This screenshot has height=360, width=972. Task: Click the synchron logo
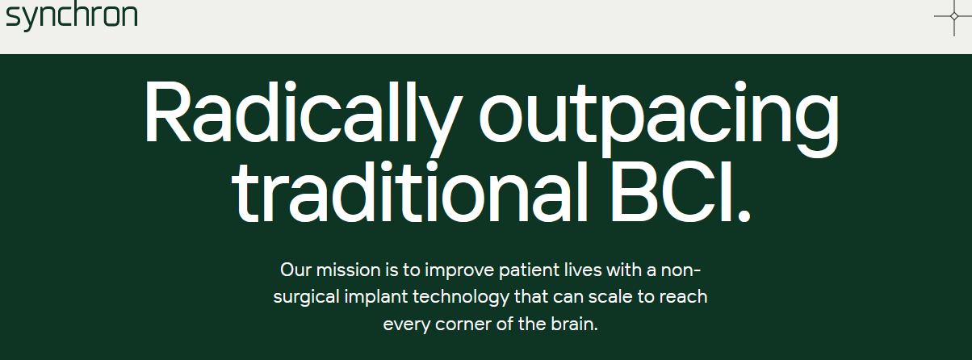pyautogui.click(x=72, y=16)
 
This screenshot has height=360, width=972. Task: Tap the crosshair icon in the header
pyautogui.click(x=953, y=16)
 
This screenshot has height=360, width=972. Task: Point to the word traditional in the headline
pyautogui.click(x=410, y=192)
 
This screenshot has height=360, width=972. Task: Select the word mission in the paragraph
pyautogui.click(x=349, y=270)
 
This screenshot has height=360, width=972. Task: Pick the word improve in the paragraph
pyautogui.click(x=459, y=271)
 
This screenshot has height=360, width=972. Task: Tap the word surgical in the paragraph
pyautogui.click(x=306, y=298)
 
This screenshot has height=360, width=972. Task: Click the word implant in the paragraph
pyautogui.click(x=376, y=298)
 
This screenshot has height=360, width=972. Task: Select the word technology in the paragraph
pyautogui.click(x=461, y=298)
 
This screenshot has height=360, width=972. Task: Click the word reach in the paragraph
pyautogui.click(x=684, y=297)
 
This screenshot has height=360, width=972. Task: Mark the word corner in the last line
pyautogui.click(x=463, y=324)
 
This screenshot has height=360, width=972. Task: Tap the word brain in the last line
pyautogui.click(x=574, y=324)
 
